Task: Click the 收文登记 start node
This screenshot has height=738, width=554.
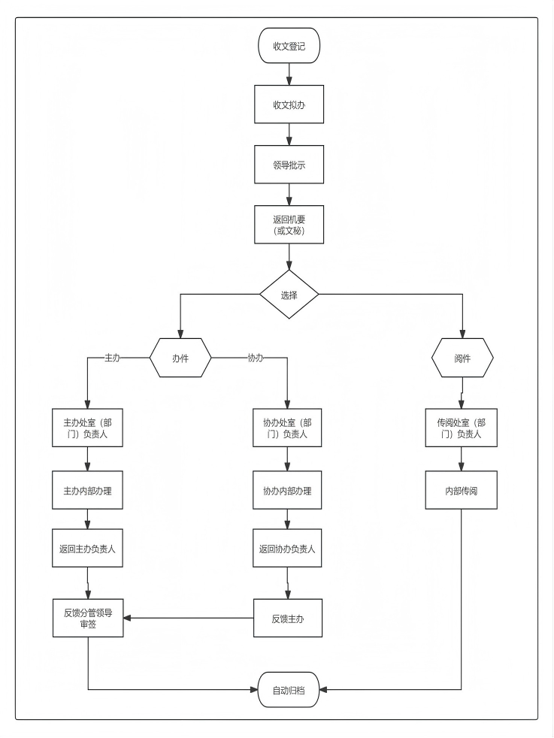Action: (x=289, y=46)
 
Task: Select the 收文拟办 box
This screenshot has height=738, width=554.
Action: (x=289, y=104)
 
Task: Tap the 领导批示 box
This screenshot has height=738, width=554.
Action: (x=289, y=165)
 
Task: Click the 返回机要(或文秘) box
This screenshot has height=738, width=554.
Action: (x=289, y=225)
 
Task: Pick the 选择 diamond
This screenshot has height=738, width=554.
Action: (x=289, y=295)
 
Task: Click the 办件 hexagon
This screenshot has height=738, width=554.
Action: (x=180, y=358)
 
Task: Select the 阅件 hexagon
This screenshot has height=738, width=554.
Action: (x=462, y=358)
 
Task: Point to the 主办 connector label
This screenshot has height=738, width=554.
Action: (x=112, y=358)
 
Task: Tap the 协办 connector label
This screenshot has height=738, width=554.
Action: (x=255, y=358)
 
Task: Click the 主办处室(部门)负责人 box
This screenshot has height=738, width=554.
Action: (x=87, y=428)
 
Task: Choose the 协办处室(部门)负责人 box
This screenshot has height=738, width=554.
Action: (x=287, y=428)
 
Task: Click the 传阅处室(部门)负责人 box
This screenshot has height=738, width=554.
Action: (x=462, y=428)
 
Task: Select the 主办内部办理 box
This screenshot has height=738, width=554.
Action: (x=87, y=490)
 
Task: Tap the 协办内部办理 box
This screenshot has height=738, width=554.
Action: (x=287, y=490)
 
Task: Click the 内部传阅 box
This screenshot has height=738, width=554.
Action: (x=462, y=490)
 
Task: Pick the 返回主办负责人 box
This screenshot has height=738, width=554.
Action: (x=87, y=549)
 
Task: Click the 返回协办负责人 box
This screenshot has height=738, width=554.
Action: (x=287, y=549)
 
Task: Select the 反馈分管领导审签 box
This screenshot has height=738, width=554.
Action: (x=88, y=618)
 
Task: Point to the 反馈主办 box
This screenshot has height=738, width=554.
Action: (x=288, y=618)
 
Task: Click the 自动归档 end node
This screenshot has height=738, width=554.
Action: (x=289, y=689)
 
